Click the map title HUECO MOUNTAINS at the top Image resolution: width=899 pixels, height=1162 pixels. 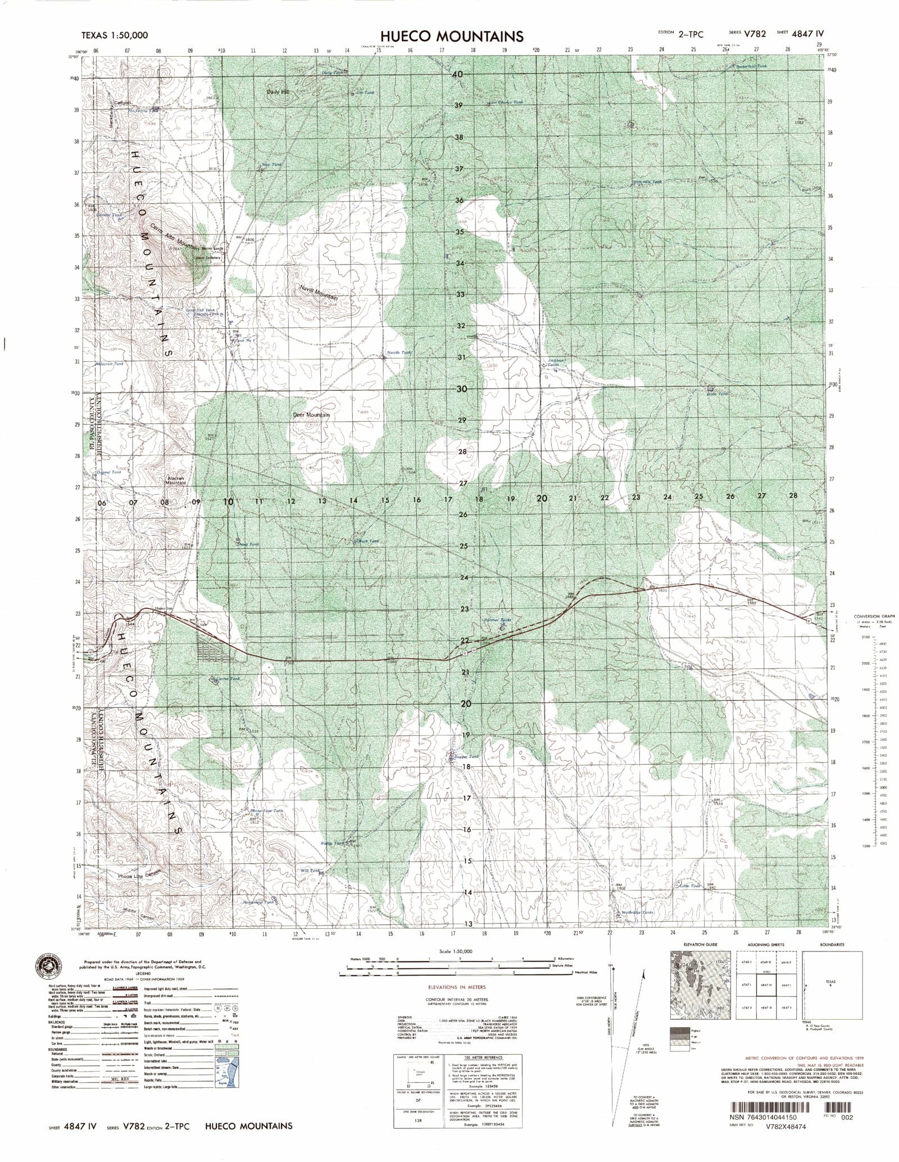click(443, 37)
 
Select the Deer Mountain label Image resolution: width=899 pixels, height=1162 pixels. click(311, 415)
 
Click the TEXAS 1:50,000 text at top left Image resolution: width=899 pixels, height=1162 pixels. click(115, 35)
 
